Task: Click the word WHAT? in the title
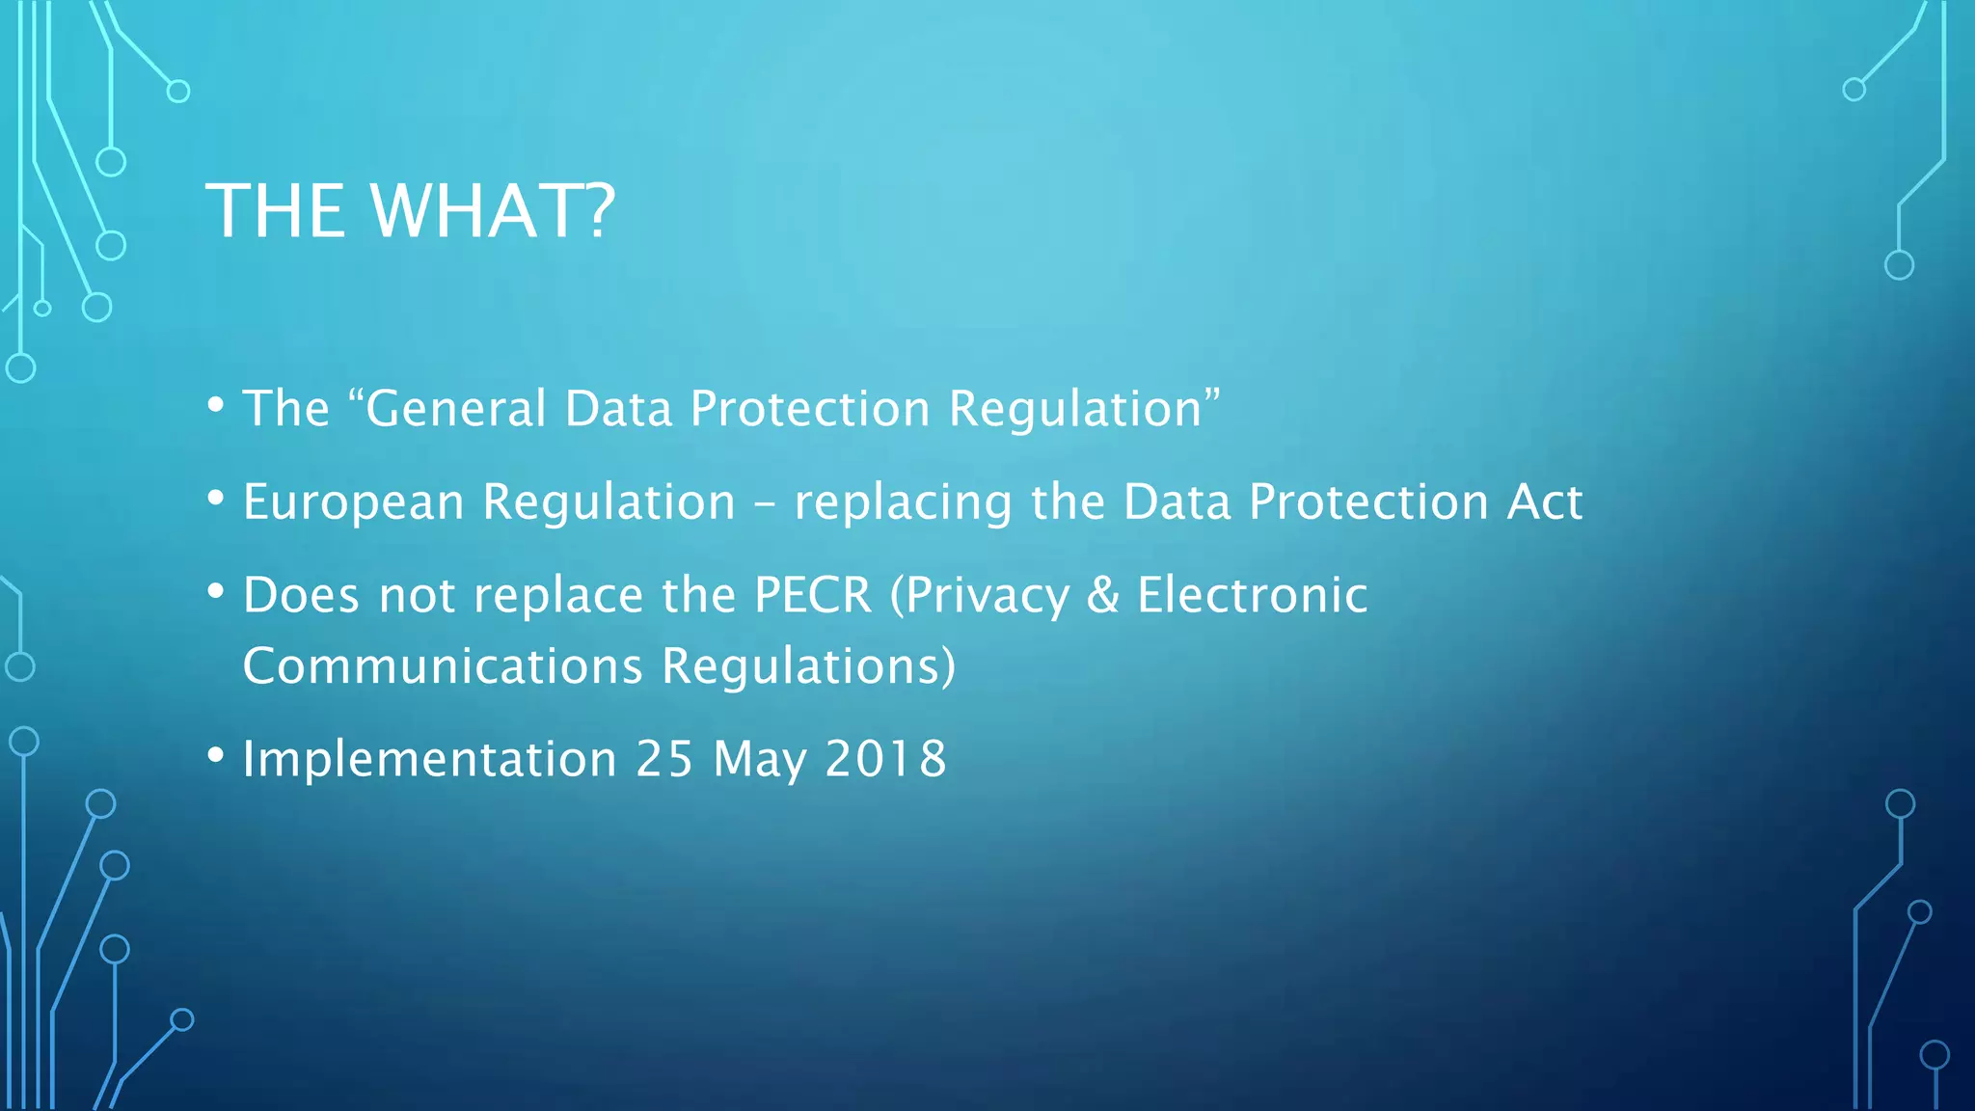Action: (x=493, y=211)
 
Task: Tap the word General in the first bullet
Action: (x=456, y=409)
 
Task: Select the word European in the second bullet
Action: (x=354, y=503)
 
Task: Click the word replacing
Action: (x=903, y=503)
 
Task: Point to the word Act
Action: (x=1544, y=502)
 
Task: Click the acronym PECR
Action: (x=813, y=595)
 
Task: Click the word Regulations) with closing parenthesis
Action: (x=808, y=666)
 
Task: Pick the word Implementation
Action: (x=429, y=759)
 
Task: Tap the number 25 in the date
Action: (x=664, y=759)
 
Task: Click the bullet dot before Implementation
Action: (x=216, y=754)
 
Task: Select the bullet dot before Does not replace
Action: (x=216, y=590)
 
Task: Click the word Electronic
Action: (x=1252, y=595)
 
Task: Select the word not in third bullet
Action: (x=417, y=596)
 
